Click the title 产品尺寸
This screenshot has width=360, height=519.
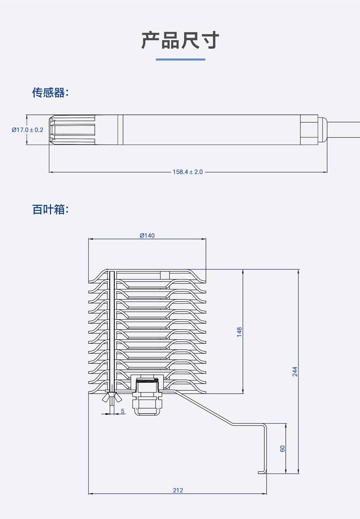coord(180,41)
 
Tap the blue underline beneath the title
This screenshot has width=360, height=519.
coord(180,59)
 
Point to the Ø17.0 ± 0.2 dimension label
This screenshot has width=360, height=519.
coord(27,130)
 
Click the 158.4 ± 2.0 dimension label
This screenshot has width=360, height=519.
coord(187,172)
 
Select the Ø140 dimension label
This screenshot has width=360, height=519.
coord(147,235)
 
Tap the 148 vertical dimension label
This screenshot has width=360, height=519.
coord(240,332)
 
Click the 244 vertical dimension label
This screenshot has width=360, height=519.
coord(295,372)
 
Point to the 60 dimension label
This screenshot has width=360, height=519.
coord(283,449)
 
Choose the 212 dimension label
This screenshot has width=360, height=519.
coord(178,490)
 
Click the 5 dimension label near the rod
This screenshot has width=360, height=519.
coord(123,411)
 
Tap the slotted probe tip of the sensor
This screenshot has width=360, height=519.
coord(73,130)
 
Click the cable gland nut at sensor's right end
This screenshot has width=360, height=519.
coord(309,130)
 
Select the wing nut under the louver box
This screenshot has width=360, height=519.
coord(111,399)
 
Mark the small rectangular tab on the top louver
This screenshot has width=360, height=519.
coord(165,275)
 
